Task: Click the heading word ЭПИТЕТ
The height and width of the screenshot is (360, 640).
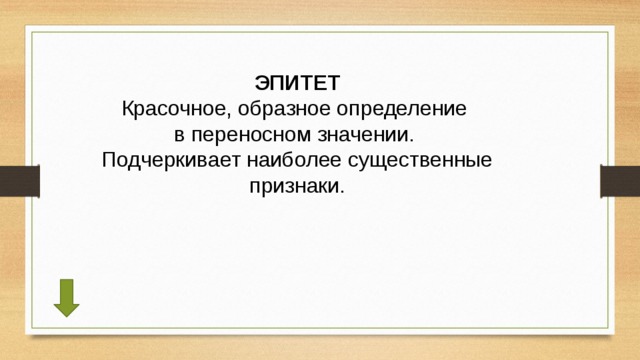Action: click(x=297, y=81)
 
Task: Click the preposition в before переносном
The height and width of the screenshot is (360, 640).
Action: click(x=181, y=134)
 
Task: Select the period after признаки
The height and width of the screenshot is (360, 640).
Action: click(x=341, y=191)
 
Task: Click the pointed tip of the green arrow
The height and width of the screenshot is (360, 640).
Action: click(x=66, y=314)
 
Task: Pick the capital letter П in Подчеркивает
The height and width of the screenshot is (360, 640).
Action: click(x=109, y=160)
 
